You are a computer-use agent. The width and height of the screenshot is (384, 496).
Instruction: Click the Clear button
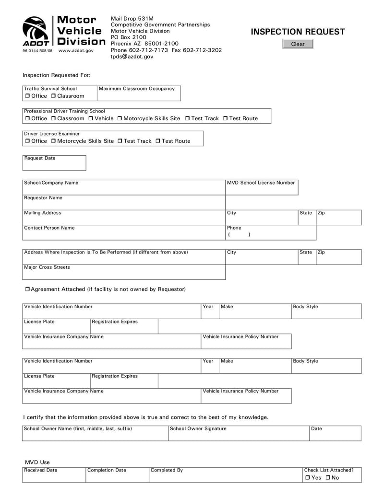[x=298, y=44]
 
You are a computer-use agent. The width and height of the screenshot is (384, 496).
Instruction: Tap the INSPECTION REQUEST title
[x=298, y=32]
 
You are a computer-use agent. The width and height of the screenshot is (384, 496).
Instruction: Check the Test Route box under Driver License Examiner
[x=158, y=141]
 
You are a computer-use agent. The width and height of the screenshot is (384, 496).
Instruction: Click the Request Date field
[x=54, y=165]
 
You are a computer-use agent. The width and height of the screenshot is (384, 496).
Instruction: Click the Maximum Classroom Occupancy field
[x=139, y=95]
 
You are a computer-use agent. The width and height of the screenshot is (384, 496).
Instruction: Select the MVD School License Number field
[x=262, y=190]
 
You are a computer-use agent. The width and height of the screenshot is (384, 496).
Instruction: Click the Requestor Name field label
[x=43, y=198]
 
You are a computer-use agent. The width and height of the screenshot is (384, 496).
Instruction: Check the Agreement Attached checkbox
[x=27, y=289]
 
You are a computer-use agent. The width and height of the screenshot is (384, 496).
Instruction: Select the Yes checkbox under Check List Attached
[x=307, y=478]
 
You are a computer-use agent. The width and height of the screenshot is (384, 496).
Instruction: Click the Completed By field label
[x=167, y=470]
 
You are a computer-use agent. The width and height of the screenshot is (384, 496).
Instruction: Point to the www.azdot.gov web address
[x=76, y=50]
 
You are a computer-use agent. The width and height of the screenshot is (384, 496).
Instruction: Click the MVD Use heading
[x=37, y=462]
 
